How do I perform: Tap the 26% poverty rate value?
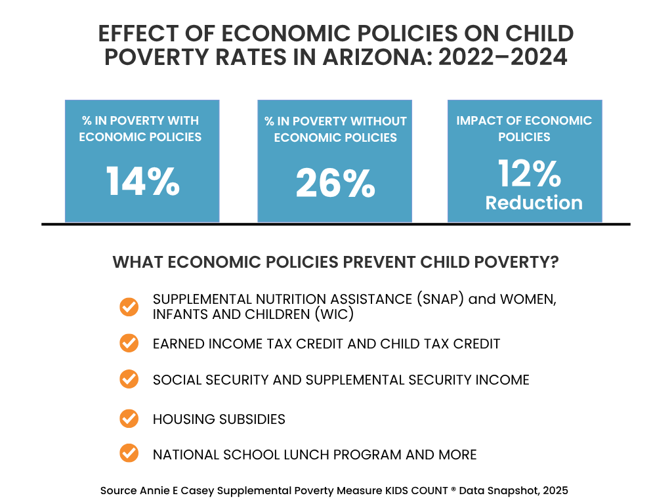[335, 183]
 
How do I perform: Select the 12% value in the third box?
[529, 174]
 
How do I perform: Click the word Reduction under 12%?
[534, 203]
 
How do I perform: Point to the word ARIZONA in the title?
[377, 57]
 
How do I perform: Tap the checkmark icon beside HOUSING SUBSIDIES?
[129, 418]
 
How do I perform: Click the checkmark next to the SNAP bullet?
[129, 306]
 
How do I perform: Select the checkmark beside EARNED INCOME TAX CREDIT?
[129, 343]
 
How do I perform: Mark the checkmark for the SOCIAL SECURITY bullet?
[129, 379]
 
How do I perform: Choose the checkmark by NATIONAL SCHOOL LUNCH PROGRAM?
[129, 453]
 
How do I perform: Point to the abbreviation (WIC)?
[334, 314]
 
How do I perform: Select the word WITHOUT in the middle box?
[378, 121]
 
